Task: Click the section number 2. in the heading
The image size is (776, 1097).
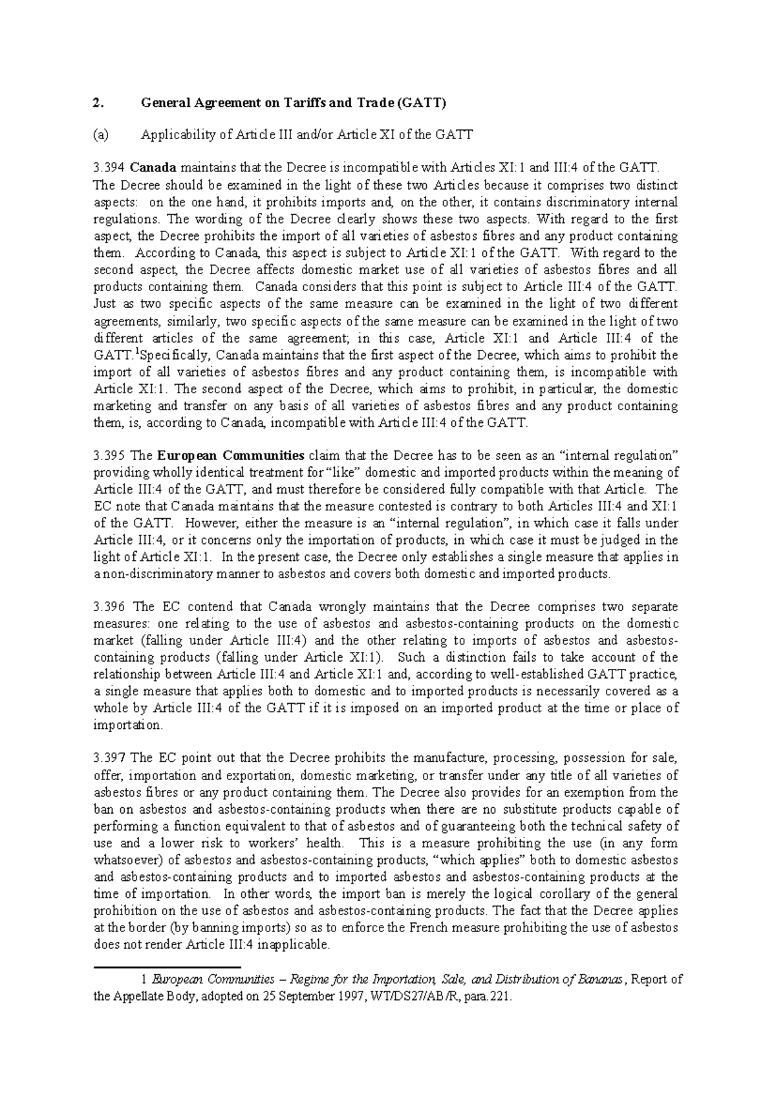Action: pyautogui.click(x=98, y=102)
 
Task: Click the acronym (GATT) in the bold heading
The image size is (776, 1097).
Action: pyautogui.click(x=420, y=102)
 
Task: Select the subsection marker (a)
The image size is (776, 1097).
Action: pyautogui.click(x=101, y=135)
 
